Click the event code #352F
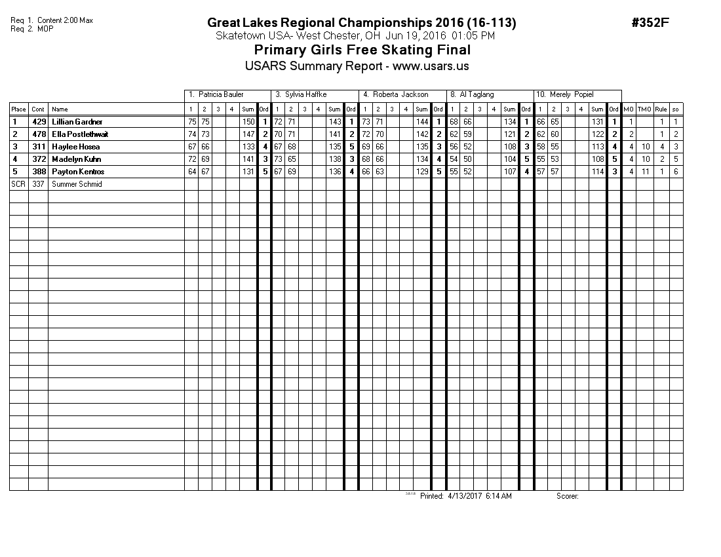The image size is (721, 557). click(650, 23)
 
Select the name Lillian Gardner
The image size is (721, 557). click(77, 122)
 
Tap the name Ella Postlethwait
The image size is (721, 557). click(79, 134)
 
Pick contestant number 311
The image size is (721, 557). click(39, 147)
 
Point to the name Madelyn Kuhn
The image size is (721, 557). click(76, 159)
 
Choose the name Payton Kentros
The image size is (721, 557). click(77, 172)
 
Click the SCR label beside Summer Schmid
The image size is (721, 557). click(18, 184)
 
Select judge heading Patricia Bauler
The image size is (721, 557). click(216, 95)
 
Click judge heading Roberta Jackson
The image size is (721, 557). click(396, 95)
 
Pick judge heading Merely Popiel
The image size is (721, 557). click(565, 95)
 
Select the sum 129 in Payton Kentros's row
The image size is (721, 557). click(421, 172)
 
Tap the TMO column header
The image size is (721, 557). click(645, 109)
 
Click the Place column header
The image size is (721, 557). click(18, 109)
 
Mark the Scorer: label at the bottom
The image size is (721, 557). click(568, 496)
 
